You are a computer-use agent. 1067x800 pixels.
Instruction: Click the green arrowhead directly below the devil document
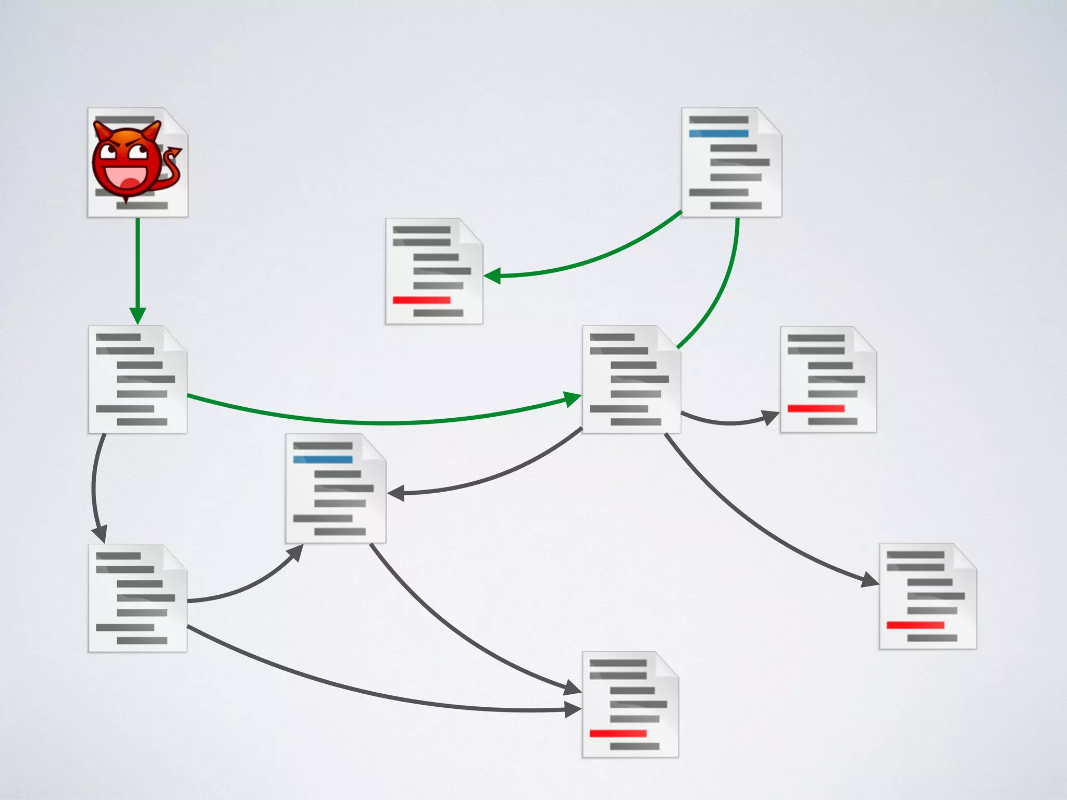[x=138, y=316]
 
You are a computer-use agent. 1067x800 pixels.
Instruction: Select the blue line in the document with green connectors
[x=718, y=134]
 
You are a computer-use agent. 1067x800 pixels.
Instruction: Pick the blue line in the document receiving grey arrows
[x=322, y=459]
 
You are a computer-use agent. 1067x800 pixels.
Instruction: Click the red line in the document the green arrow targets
[x=421, y=300]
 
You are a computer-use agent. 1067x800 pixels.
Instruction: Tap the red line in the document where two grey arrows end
[x=618, y=733]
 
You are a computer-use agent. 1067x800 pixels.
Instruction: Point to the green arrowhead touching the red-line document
[x=492, y=276]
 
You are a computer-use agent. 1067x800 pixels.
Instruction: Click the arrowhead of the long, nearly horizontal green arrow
[x=573, y=399]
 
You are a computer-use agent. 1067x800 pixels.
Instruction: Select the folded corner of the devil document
[x=176, y=120]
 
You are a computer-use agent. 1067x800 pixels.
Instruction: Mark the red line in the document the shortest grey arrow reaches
[x=816, y=408]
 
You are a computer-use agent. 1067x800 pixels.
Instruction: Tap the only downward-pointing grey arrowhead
[x=100, y=534]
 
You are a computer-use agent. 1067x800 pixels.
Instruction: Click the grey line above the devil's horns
[x=125, y=119]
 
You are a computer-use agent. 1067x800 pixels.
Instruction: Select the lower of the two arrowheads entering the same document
[x=573, y=709]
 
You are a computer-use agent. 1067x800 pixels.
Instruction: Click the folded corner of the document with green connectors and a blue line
[x=769, y=121]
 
